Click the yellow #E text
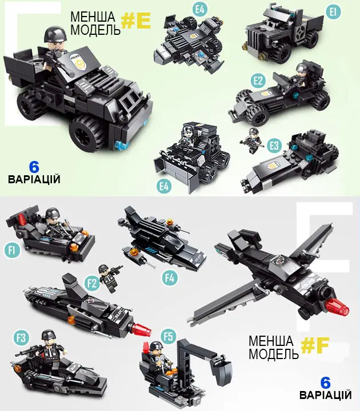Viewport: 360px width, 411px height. pyautogui.click(x=136, y=21)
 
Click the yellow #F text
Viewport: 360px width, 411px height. pyautogui.click(x=315, y=345)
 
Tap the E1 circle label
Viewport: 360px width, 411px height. pyautogui.click(x=333, y=12)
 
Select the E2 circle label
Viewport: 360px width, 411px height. pyautogui.click(x=258, y=81)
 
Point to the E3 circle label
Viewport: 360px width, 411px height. pyautogui.click(x=274, y=145)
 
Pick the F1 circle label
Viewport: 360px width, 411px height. pyautogui.click(x=12, y=250)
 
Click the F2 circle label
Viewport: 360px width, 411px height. pyautogui.click(x=92, y=283)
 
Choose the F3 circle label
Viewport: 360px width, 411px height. pyautogui.click(x=21, y=337)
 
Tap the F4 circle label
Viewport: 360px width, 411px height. pyautogui.click(x=170, y=278)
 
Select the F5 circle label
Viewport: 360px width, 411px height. pyautogui.click(x=168, y=336)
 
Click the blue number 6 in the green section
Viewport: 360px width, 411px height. pyautogui.click(x=34, y=167)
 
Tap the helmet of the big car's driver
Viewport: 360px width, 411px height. pyautogui.click(x=55, y=34)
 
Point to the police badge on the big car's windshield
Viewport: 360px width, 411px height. pyautogui.click(x=76, y=62)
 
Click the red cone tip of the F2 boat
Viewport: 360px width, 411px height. pyautogui.click(x=141, y=330)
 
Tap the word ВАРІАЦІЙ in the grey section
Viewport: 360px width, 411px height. pyautogui.click(x=325, y=395)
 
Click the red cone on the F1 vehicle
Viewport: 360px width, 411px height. pyautogui.click(x=22, y=220)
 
